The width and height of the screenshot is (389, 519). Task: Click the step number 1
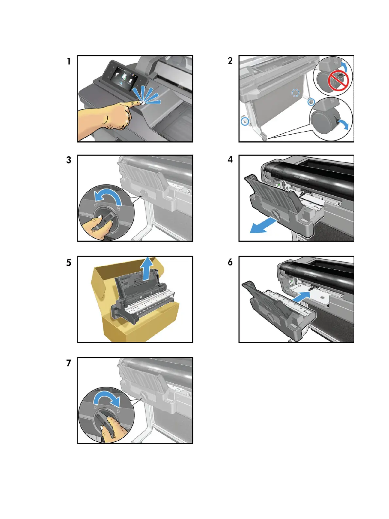click(x=69, y=62)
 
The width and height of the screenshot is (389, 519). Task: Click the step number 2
click(x=230, y=61)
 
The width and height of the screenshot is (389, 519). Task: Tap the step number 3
click(x=69, y=160)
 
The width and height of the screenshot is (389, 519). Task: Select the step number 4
click(x=230, y=160)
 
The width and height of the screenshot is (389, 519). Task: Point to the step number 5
click(x=69, y=263)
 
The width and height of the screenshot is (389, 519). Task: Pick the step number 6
click(x=230, y=262)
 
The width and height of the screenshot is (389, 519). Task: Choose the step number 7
click(x=69, y=363)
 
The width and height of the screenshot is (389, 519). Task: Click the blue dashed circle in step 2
click(x=295, y=93)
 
